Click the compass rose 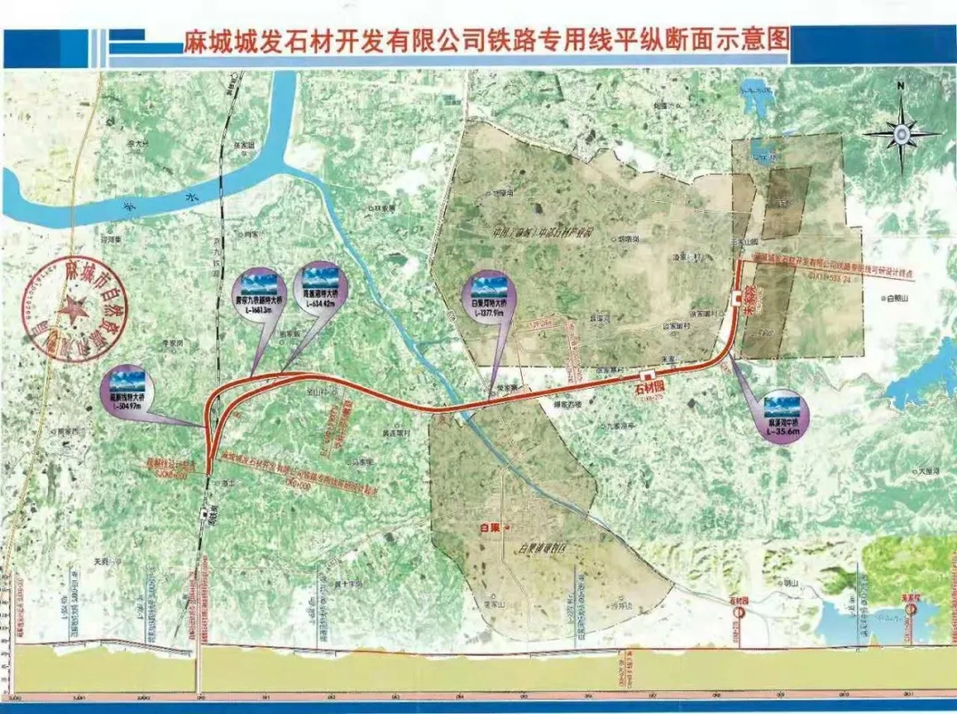coord(900,134)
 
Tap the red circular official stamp coord(75,309)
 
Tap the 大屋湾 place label coord(930,470)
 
